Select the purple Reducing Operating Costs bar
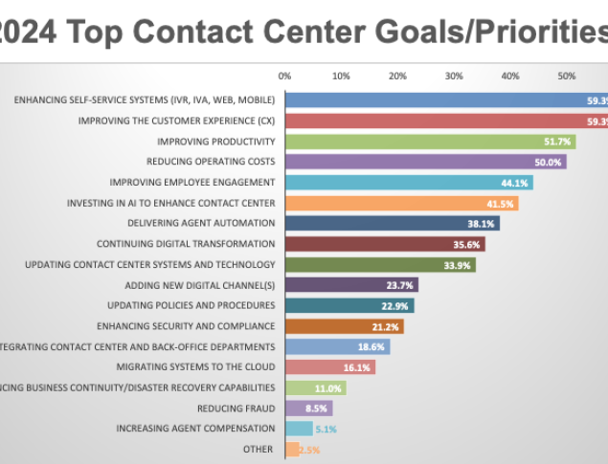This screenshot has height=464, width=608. (425, 162)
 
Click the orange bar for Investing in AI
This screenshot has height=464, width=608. (401, 203)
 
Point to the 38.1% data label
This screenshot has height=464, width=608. (481, 224)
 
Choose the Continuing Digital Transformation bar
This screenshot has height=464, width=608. (385, 244)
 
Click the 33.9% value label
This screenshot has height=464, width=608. (458, 265)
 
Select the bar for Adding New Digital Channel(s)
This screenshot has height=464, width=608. (351, 285)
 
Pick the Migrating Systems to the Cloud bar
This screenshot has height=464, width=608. (330, 367)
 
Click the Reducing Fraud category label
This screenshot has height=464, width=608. (236, 409)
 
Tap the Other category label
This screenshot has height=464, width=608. (259, 449)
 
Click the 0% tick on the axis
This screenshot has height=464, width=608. (284, 75)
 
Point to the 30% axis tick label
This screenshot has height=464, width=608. (454, 75)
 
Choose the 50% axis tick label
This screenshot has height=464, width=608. (567, 75)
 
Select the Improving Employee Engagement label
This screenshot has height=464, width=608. (192, 183)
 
